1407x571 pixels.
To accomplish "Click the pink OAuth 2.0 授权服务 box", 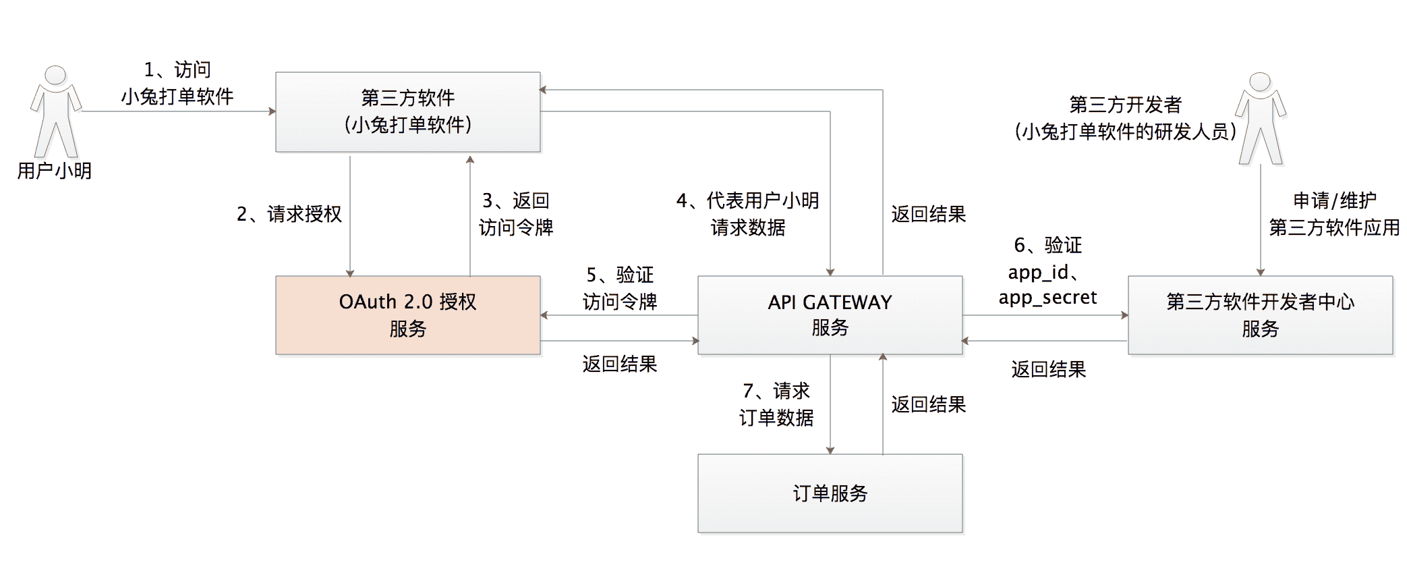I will point(407,315).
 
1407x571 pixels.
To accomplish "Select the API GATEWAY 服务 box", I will point(830,315).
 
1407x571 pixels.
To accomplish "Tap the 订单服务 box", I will point(830,493).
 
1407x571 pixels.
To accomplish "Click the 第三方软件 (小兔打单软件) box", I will point(407,111).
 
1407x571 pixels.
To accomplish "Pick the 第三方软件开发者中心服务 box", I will point(1260,315).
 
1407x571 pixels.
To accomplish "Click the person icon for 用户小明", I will point(55,111).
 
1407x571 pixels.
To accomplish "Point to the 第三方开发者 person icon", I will point(1260,118).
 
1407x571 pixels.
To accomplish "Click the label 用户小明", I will point(54,171).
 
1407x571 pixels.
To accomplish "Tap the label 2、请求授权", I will point(289,214).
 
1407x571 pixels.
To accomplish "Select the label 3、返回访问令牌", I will point(516,214).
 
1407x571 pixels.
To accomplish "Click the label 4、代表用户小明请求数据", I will point(747,214).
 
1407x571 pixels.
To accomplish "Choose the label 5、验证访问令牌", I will point(619,288).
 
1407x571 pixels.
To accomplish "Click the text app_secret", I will point(1047,298).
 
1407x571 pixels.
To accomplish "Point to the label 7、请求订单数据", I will point(776,404).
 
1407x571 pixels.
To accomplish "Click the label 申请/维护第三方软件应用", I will point(1333,214).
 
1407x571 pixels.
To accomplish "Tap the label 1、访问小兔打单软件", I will point(177,83).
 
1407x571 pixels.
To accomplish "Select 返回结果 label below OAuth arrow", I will point(619,364).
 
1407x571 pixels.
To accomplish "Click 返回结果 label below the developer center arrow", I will point(1048,369).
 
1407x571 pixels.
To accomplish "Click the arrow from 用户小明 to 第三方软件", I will point(179,111).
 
